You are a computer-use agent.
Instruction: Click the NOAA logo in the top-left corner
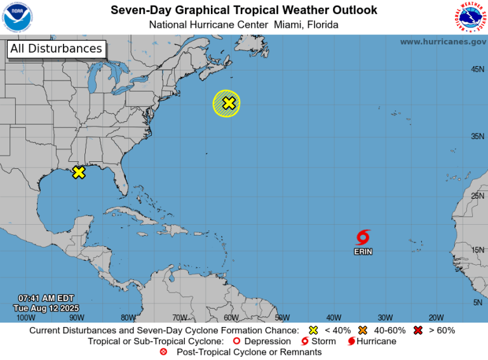pyautogui.click(x=18, y=17)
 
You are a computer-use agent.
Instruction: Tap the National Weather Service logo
pyautogui.click(x=470, y=17)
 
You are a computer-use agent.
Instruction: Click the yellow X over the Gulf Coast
pyautogui.click(x=79, y=172)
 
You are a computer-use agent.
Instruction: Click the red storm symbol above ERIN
pyautogui.click(x=363, y=238)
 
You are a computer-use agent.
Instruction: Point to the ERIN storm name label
pyautogui.click(x=363, y=252)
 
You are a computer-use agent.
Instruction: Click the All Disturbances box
pyautogui.click(x=56, y=49)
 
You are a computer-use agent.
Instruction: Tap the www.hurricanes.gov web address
pyautogui.click(x=443, y=41)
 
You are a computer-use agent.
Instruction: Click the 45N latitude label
pyautogui.click(x=478, y=69)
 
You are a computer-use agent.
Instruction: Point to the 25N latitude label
pyautogui.click(x=478, y=196)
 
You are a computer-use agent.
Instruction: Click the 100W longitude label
pyautogui.click(x=26, y=317)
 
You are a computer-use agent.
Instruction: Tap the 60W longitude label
pyautogui.click(x=231, y=317)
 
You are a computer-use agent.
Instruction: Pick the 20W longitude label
pyautogui.click(x=436, y=317)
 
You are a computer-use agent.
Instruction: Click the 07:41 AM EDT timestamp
pyautogui.click(x=46, y=298)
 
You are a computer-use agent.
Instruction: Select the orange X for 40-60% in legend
pyautogui.click(x=363, y=330)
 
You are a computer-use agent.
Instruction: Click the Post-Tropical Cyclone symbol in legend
pyautogui.click(x=164, y=352)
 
